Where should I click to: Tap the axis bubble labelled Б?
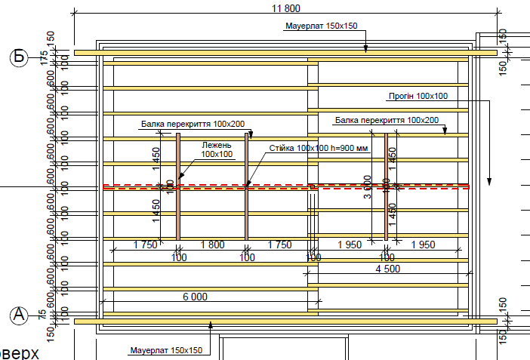[x=19, y=57]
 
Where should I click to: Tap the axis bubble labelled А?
[x=19, y=315]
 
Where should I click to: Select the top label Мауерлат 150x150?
[x=321, y=26]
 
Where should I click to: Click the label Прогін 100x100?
[x=418, y=96]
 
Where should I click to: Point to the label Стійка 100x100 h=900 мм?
[x=318, y=148]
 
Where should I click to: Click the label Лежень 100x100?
[x=217, y=149]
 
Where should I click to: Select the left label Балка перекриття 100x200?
[x=192, y=123]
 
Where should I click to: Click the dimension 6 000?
[x=195, y=297]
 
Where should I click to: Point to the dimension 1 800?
[x=212, y=245]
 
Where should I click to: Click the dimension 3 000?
[x=367, y=186]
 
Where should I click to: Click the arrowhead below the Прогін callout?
[x=490, y=182]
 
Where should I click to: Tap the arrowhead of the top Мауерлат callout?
[x=366, y=50]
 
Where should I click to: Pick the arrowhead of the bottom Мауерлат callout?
[x=211, y=325]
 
